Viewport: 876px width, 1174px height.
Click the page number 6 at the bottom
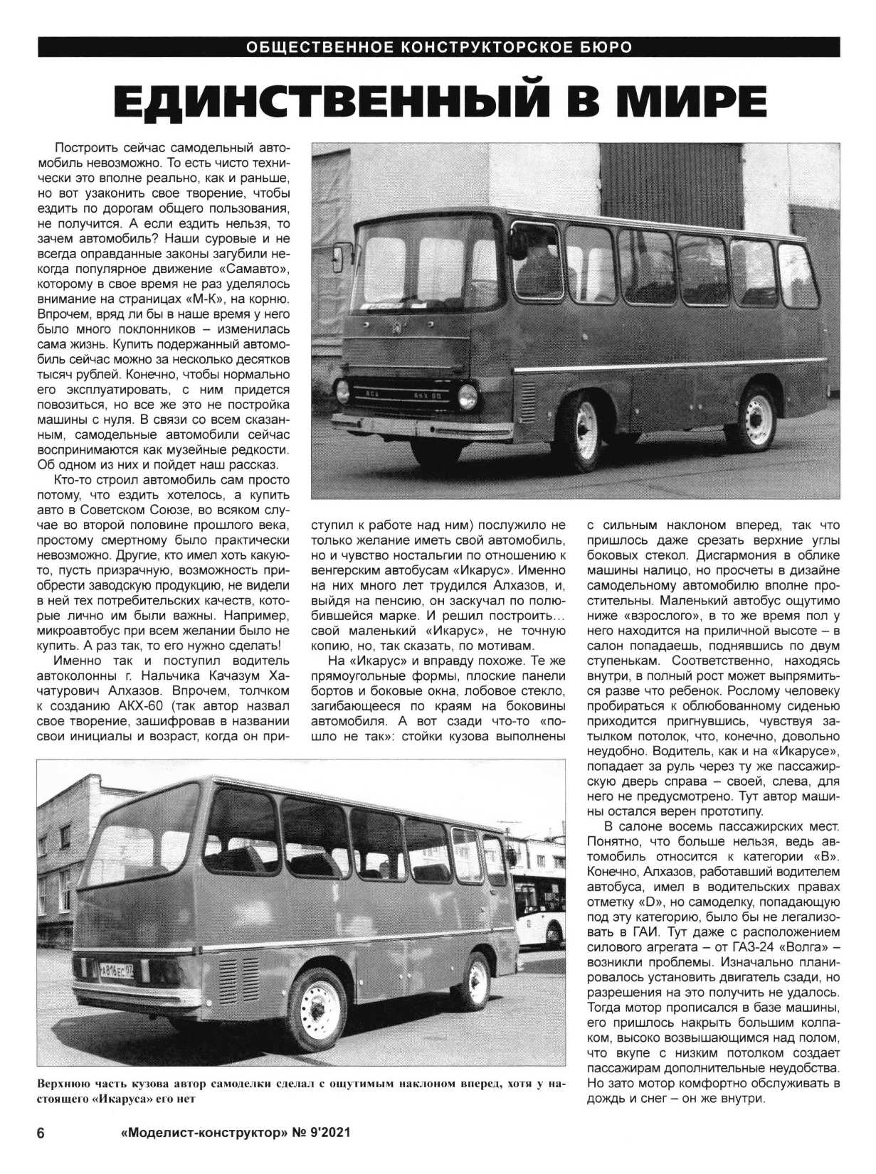(x=41, y=1133)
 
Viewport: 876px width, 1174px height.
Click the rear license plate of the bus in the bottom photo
(x=117, y=968)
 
